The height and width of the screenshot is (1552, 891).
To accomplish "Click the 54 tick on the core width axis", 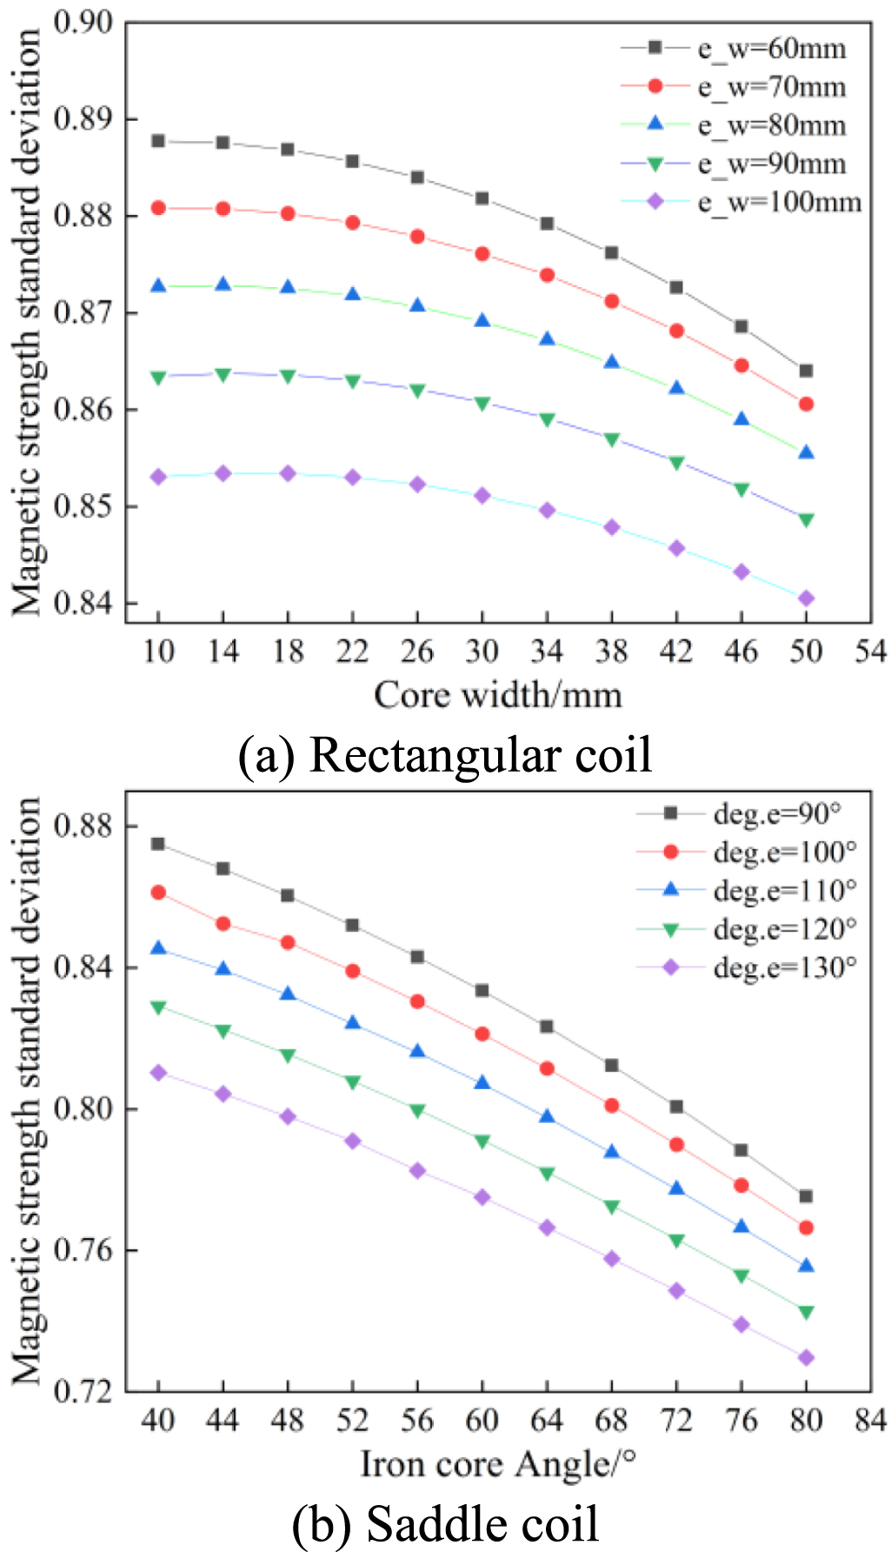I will (870, 651).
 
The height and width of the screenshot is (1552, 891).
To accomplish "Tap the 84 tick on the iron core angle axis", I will (870, 1421).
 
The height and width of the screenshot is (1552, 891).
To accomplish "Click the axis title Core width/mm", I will (498, 695).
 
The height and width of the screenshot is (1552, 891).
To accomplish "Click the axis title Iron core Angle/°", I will (498, 1464).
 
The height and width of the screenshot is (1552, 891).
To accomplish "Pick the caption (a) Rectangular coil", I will (445, 754).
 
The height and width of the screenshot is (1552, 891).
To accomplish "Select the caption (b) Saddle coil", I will (445, 1524).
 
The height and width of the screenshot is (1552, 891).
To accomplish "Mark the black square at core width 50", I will (806, 371).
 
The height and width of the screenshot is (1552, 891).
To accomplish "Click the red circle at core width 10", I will (158, 208).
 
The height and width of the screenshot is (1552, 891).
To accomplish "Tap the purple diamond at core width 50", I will (806, 599).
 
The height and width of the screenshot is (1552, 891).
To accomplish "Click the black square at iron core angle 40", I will (158, 844).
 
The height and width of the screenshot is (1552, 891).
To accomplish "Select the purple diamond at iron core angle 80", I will (806, 1358).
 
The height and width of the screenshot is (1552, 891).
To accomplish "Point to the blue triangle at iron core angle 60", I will (482, 1083).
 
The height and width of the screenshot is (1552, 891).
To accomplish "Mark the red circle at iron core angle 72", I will (676, 1145).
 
